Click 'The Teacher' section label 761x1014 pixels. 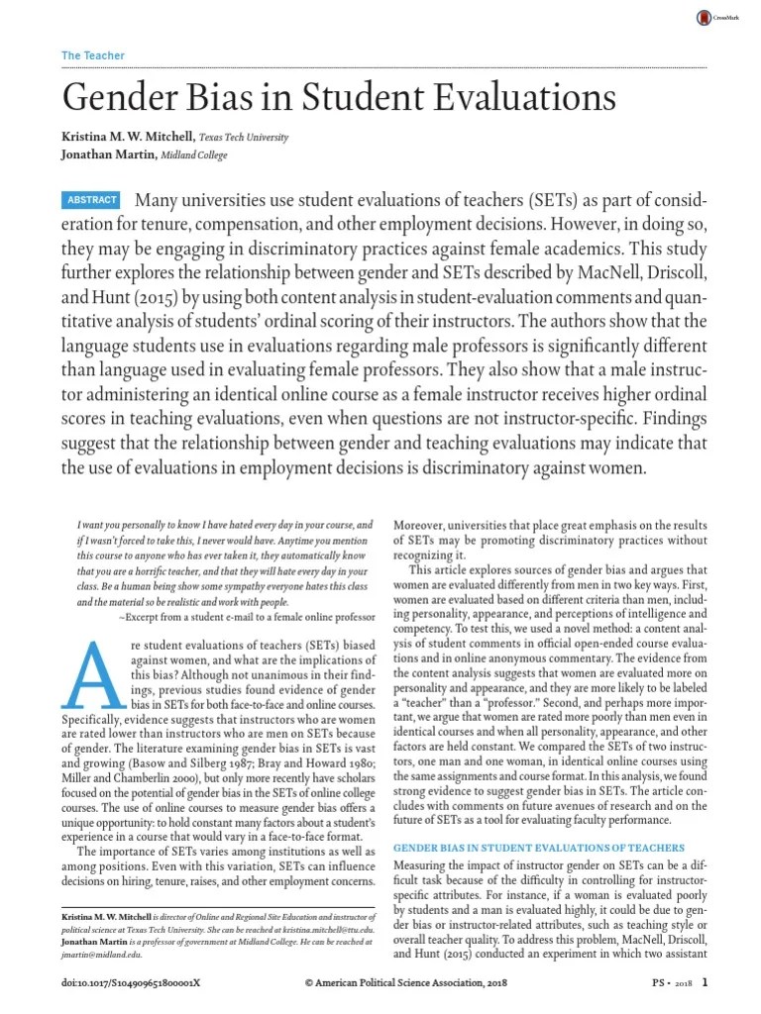tap(85, 55)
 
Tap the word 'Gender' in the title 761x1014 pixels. tap(118, 99)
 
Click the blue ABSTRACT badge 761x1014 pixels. tap(92, 200)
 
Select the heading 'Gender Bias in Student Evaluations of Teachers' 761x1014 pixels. tap(540, 848)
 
